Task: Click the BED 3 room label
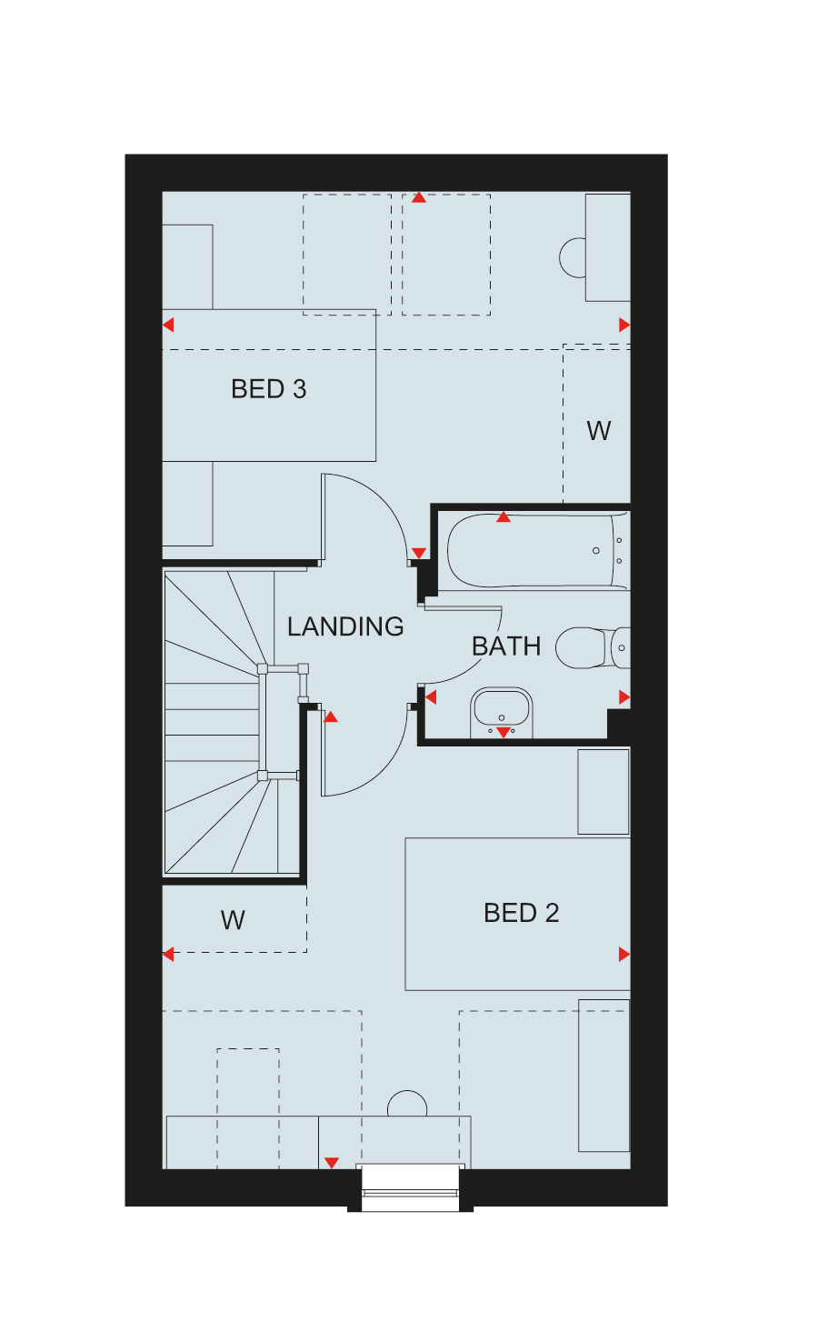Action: point(269,389)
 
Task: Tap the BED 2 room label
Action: point(521,913)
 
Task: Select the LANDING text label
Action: point(345,626)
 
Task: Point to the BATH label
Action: point(506,646)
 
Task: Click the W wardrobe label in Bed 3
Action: point(599,431)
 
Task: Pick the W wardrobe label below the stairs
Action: point(233,920)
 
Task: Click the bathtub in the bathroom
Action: point(537,551)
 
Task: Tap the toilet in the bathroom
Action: point(593,647)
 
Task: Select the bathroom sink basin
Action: point(501,712)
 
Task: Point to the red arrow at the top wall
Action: point(419,197)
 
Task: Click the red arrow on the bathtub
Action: point(504,517)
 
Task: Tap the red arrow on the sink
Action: point(504,732)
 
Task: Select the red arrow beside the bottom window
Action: point(331,1163)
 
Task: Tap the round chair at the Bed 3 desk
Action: point(572,257)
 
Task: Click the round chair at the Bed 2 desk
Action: point(407,1104)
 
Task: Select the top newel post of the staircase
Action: point(263,669)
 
